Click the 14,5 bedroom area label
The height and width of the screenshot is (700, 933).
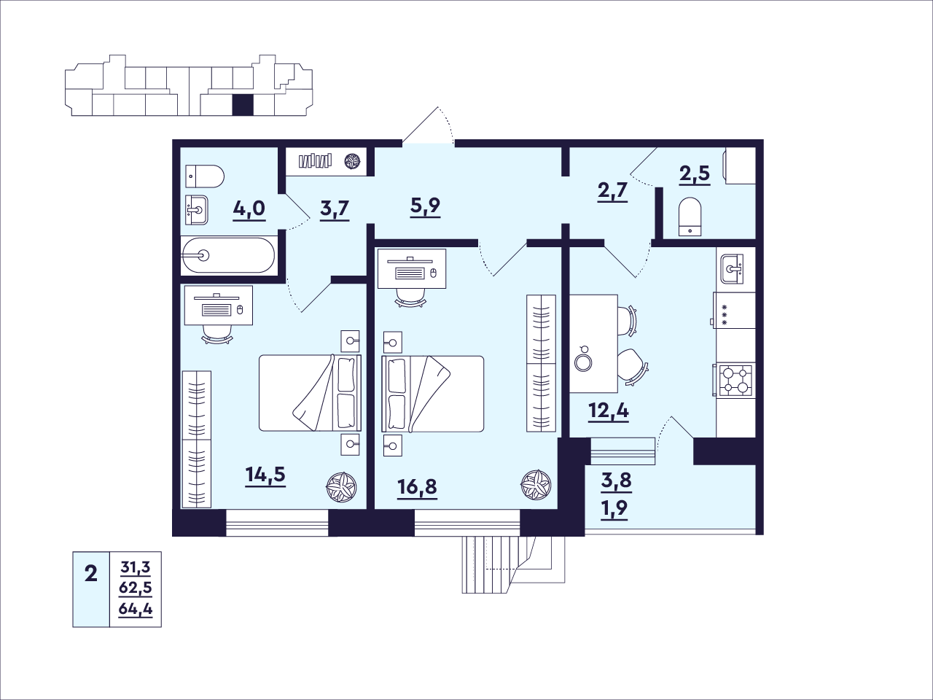[265, 475]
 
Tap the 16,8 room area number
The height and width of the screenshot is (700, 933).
[417, 487]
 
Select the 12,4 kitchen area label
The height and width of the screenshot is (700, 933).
[609, 411]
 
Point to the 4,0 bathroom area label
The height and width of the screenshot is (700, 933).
[249, 209]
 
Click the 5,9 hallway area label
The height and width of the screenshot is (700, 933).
[425, 206]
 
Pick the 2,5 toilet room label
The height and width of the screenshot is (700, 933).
[695, 173]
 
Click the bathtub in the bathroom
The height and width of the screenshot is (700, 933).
[228, 255]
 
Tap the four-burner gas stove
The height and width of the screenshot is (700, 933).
[735, 381]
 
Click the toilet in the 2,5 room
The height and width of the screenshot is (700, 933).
[690, 217]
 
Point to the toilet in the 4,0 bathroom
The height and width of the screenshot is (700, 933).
[205, 176]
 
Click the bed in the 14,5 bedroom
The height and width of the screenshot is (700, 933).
[311, 393]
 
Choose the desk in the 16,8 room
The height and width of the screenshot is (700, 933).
[412, 268]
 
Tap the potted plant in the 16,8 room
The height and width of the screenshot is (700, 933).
[536, 485]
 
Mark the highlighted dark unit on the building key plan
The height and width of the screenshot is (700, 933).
[243, 105]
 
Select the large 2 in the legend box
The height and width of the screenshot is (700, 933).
[91, 574]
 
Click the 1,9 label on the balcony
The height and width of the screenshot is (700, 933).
[616, 507]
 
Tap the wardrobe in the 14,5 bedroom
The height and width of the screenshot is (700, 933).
[196, 439]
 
